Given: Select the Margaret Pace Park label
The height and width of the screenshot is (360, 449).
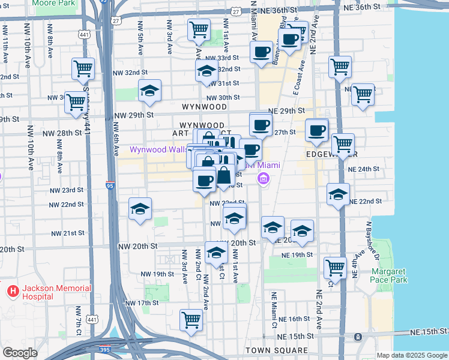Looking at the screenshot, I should pos(389,275).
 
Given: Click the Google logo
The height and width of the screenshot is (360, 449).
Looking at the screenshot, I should pos(19,353).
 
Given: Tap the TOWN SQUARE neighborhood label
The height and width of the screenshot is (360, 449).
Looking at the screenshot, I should pos(277,350).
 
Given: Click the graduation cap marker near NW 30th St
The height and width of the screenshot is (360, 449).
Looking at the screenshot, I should pos(149,91).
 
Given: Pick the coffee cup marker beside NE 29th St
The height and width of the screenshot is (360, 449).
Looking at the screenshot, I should pos(261,125).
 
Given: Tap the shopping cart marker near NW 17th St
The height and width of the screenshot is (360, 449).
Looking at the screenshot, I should pos(191,319).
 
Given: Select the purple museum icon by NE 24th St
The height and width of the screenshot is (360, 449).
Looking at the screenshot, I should pos(263,178).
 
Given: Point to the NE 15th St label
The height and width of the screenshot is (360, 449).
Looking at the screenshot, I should pos(429,331).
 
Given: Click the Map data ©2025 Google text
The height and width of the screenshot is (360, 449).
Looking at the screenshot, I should pos(411,355).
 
